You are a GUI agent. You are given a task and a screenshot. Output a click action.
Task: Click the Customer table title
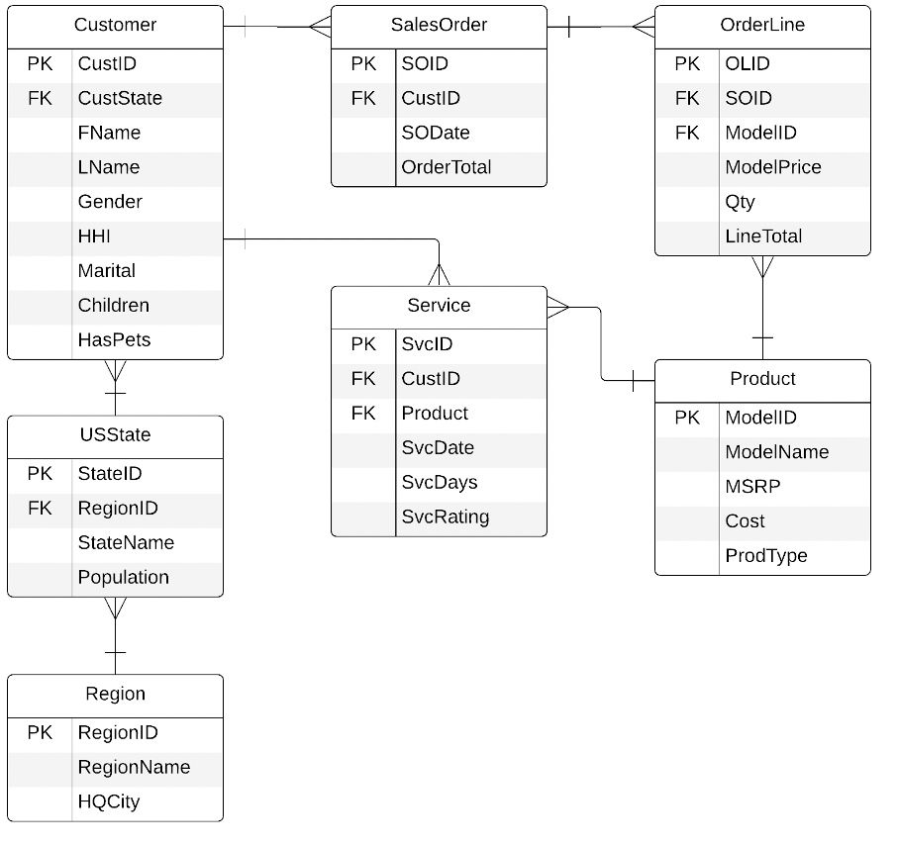point(115,25)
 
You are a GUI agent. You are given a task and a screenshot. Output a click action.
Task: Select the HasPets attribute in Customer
point(114,339)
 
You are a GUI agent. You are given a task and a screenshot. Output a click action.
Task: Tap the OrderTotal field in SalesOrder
point(446,167)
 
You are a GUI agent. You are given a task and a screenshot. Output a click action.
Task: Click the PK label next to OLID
point(686,63)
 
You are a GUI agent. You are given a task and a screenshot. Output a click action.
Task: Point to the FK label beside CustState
point(40,98)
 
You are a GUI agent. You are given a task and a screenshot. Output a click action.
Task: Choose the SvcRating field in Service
point(445,517)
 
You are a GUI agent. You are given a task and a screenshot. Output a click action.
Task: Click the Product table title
point(762,379)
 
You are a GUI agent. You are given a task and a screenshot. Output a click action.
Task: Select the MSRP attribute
point(752,487)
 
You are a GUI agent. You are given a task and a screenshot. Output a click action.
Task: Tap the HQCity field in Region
point(109,801)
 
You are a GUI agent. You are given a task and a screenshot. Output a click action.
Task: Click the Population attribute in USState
point(123,577)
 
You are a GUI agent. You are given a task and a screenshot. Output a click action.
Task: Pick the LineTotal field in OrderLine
point(763,236)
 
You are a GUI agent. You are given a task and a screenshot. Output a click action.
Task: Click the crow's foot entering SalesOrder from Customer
point(319,27)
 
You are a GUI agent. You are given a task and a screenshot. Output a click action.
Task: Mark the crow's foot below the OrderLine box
point(762,267)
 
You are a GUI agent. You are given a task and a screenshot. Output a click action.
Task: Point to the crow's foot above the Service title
point(438,274)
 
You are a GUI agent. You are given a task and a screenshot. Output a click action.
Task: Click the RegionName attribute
point(134,767)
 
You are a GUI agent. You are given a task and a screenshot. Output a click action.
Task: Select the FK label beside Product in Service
point(363,414)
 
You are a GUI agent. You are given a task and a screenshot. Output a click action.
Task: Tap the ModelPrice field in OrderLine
point(772,167)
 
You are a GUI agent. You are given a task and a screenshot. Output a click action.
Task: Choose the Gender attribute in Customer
point(110,202)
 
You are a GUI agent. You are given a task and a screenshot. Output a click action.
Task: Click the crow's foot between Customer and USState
point(116,371)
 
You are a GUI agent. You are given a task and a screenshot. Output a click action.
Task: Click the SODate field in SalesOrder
point(436,133)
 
